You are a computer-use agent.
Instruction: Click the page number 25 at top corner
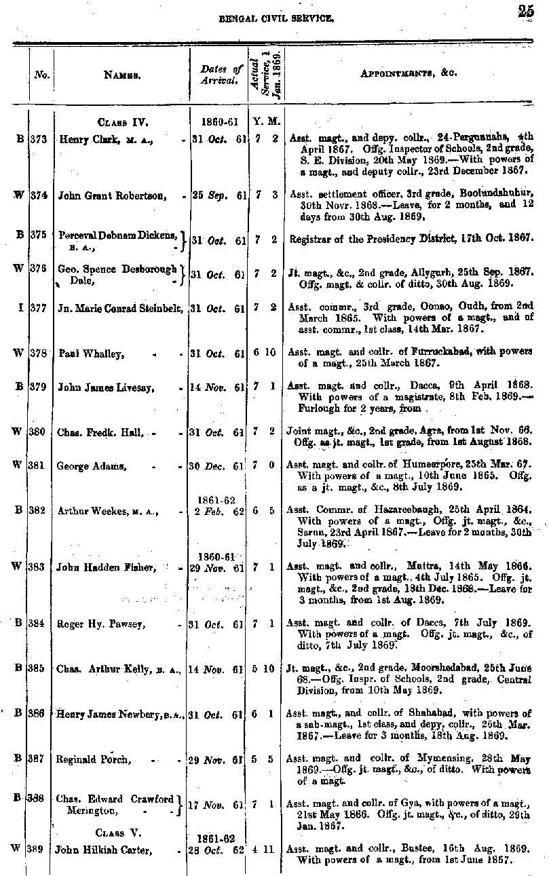[x=525, y=10]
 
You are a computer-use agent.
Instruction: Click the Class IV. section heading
[x=123, y=123]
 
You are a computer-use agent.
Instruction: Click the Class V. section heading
[x=118, y=833]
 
